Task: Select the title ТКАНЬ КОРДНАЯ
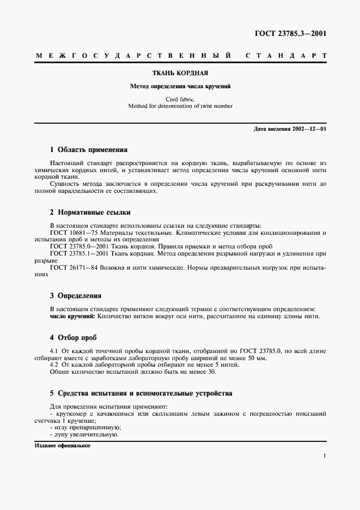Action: click(180, 73)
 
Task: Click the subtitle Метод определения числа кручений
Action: click(180, 86)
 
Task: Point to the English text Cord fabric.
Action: click(180, 99)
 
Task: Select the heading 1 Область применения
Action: click(88, 149)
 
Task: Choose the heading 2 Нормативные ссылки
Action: click(90, 212)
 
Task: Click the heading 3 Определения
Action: click(76, 296)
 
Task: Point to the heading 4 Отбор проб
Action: click(73, 338)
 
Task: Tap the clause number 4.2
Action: click(54, 365)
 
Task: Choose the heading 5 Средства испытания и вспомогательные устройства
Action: click(141, 393)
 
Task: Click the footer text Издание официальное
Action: click(62, 445)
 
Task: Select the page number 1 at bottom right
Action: click(324, 457)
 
